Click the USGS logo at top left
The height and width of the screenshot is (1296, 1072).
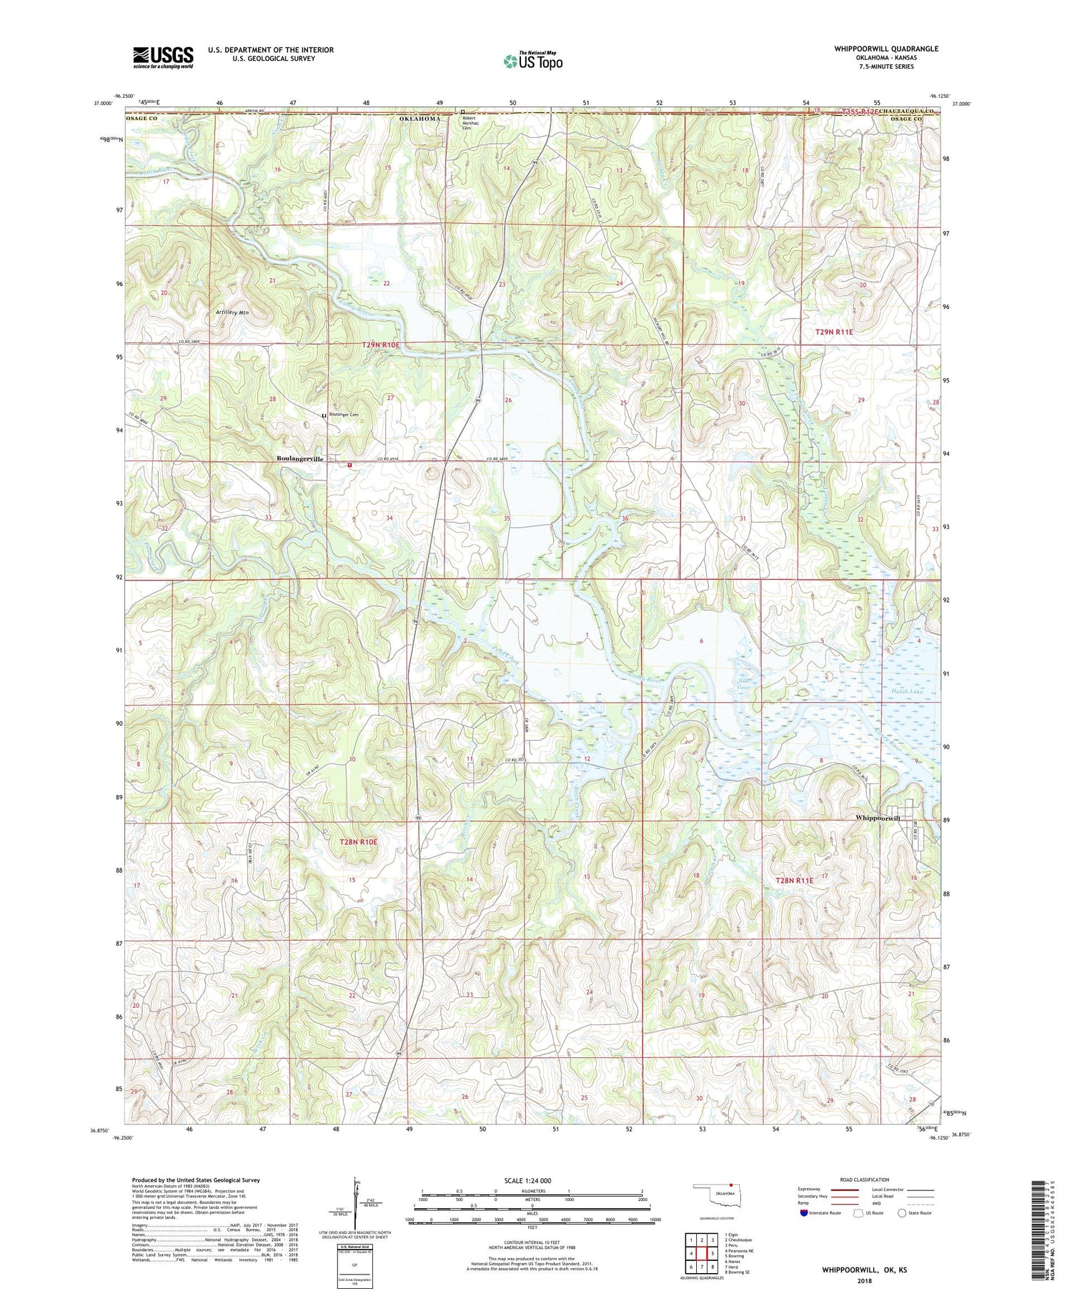[163, 57]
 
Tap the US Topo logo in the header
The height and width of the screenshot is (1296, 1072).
[533, 61]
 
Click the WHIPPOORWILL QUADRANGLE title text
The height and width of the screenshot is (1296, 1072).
[886, 49]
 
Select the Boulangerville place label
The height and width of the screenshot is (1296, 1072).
[300, 459]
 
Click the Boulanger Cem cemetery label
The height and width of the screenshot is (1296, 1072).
[343, 415]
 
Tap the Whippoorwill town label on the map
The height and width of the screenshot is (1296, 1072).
[878, 818]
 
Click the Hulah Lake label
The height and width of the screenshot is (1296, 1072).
[908, 692]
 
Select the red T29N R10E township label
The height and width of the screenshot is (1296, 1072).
[381, 345]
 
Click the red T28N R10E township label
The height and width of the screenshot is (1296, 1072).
[357, 842]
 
